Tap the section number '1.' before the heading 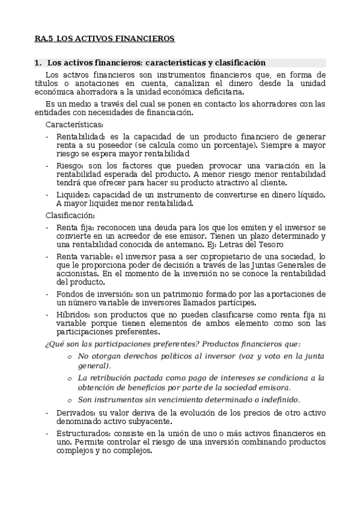click(38, 63)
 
